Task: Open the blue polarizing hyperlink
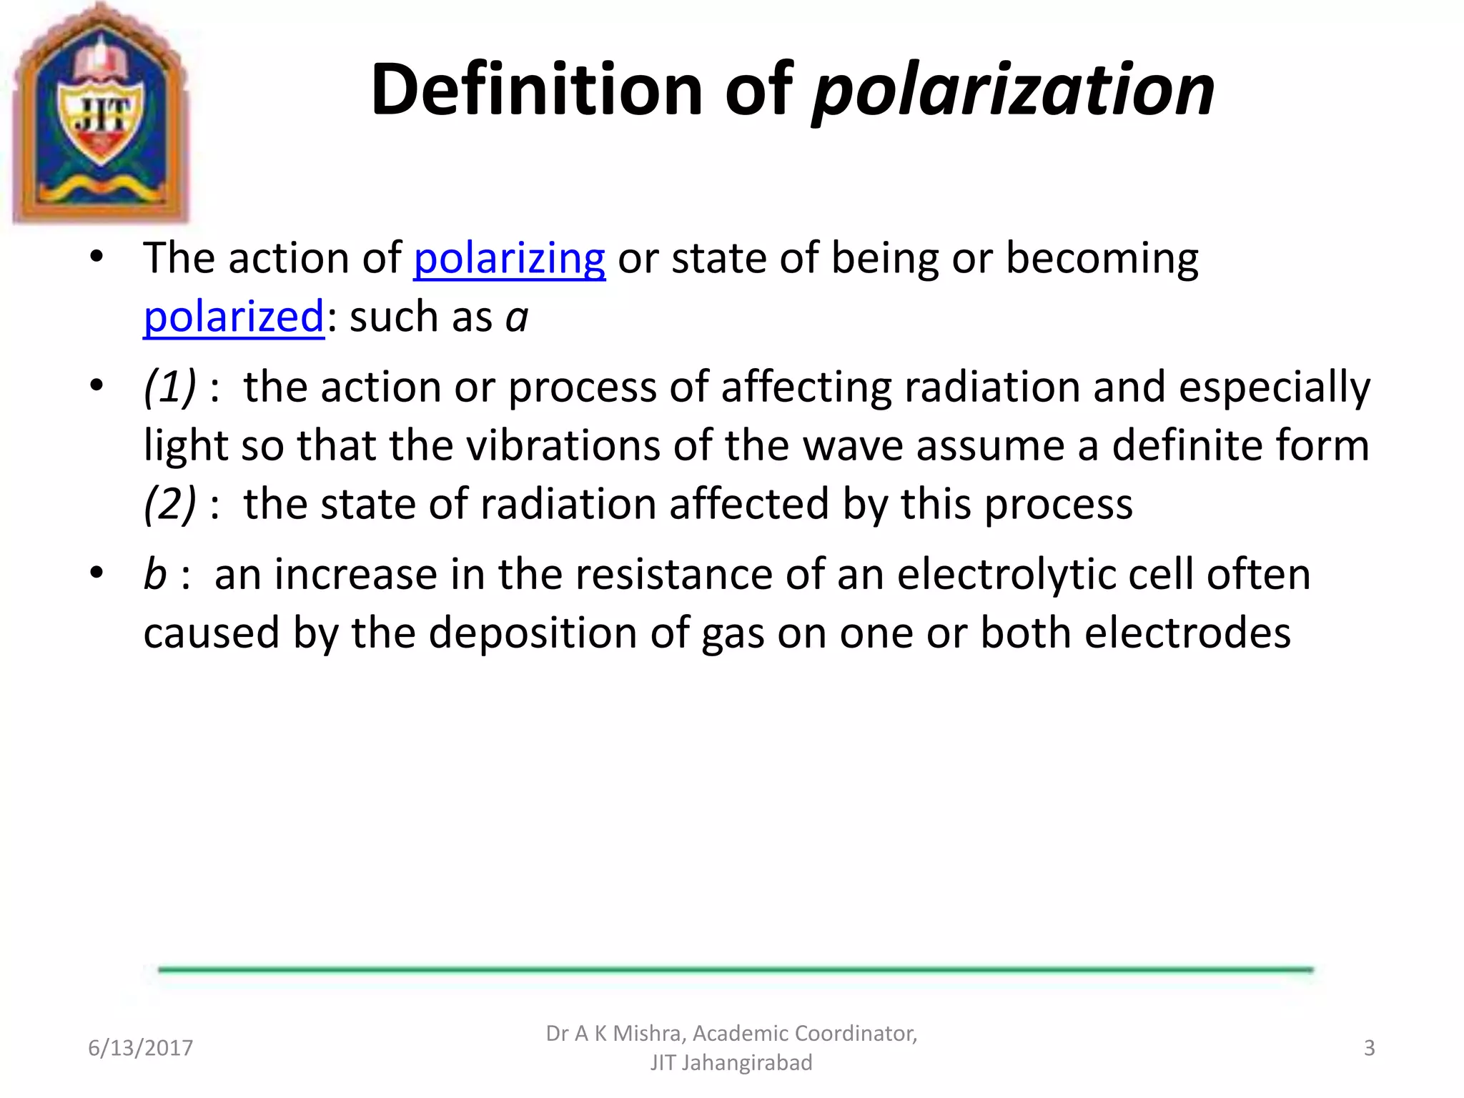(x=510, y=258)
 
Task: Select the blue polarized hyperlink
(x=234, y=317)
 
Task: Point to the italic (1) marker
(x=169, y=387)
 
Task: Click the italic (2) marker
(x=169, y=504)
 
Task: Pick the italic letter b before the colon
(x=155, y=574)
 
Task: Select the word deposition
(x=558, y=633)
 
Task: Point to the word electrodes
(x=1187, y=633)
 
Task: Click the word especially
(x=1274, y=387)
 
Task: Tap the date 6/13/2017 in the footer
(x=140, y=1048)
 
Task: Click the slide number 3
(x=1369, y=1048)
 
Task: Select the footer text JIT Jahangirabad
(x=731, y=1063)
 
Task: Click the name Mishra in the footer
(x=647, y=1034)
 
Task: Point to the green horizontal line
(x=736, y=969)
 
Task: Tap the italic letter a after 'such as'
(x=517, y=317)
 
